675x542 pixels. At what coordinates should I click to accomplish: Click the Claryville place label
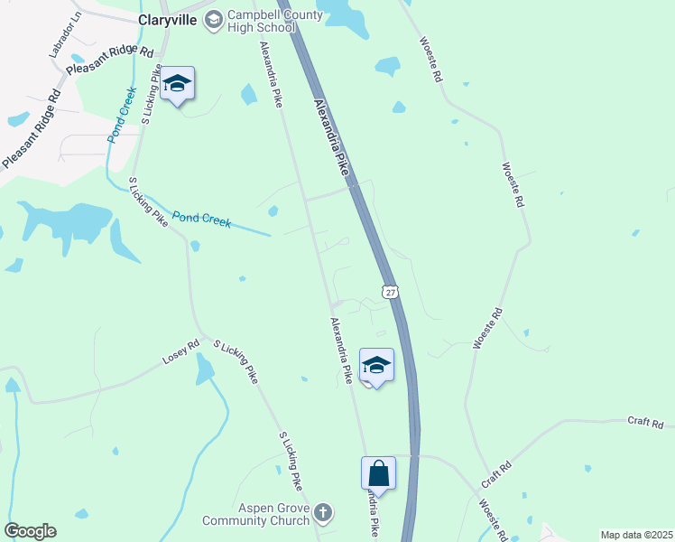(167, 19)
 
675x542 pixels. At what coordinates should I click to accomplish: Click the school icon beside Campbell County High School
(213, 19)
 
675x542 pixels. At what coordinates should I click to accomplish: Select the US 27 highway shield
(389, 292)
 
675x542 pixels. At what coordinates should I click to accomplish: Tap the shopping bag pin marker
(378, 473)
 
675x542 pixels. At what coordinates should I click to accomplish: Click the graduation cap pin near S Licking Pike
(178, 84)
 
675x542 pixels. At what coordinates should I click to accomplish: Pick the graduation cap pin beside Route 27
(376, 366)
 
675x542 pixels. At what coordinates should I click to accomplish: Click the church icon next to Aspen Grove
(323, 513)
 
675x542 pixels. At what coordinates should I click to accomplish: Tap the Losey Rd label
(180, 352)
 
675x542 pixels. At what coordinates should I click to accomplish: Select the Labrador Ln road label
(64, 33)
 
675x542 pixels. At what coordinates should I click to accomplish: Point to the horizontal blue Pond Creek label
(201, 220)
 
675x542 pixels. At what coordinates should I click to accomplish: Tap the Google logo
(30, 531)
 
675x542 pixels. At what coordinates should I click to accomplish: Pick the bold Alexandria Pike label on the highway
(331, 136)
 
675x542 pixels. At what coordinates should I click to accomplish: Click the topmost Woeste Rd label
(430, 61)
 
